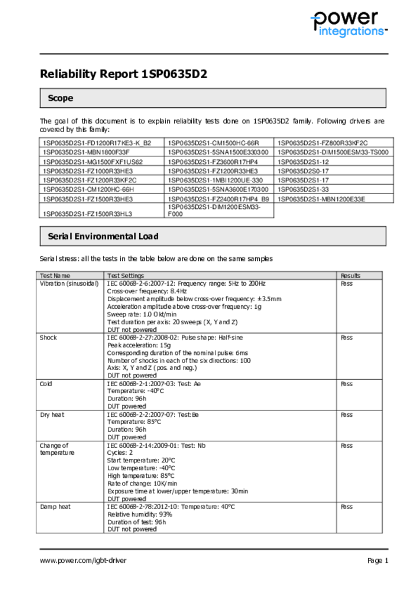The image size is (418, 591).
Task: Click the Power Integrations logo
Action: point(348,24)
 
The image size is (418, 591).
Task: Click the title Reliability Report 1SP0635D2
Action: point(123,74)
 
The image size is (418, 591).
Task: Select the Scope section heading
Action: point(61,98)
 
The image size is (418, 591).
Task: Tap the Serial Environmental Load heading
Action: point(103,236)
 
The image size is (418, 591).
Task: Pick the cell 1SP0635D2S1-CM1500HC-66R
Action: point(213,143)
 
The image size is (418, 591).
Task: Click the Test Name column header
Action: point(55,276)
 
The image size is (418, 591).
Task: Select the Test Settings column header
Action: point(125,276)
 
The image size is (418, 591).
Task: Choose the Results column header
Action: point(350,276)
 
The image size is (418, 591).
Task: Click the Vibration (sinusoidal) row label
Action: point(69,283)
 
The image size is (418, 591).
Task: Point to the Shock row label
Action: point(48,338)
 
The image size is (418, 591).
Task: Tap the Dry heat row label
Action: point(52,414)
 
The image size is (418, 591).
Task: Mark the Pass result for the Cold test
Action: point(346,384)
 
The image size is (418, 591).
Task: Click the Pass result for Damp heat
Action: point(346,507)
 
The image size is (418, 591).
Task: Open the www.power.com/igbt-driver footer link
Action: point(83,560)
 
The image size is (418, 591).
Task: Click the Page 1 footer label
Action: point(378,560)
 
